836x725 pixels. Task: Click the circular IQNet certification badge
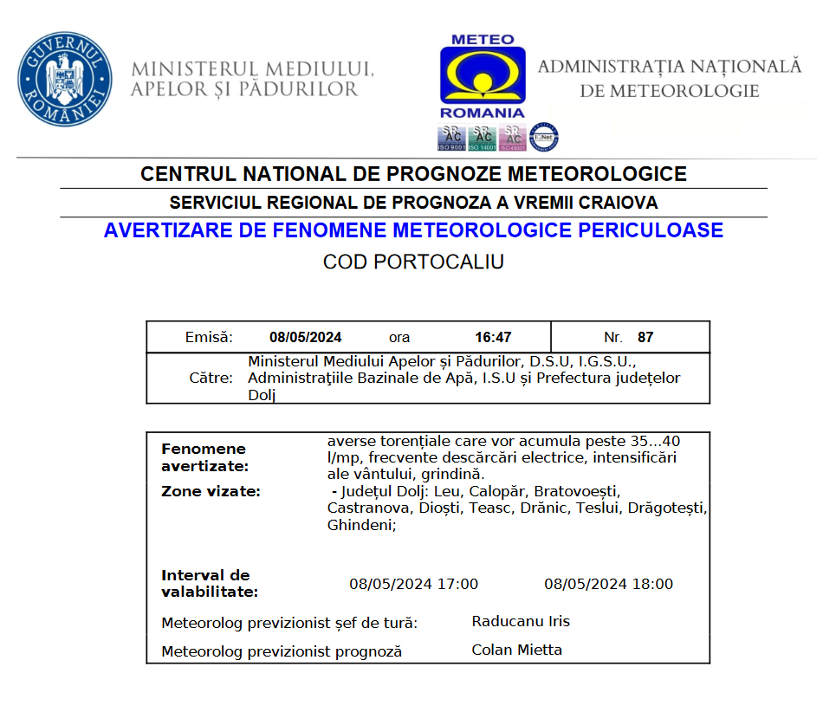click(x=544, y=137)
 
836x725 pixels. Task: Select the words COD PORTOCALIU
click(x=413, y=262)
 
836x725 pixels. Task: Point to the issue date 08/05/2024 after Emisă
click(x=305, y=337)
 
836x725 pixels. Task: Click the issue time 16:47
click(x=493, y=337)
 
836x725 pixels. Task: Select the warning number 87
click(x=645, y=337)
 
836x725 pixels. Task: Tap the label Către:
click(x=211, y=378)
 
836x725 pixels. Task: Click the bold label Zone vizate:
click(x=211, y=492)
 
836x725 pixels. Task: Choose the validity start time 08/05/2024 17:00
click(x=413, y=584)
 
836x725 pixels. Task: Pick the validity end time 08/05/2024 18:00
click(x=608, y=584)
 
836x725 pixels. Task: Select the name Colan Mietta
click(x=516, y=650)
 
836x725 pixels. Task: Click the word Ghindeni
click(x=360, y=525)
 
